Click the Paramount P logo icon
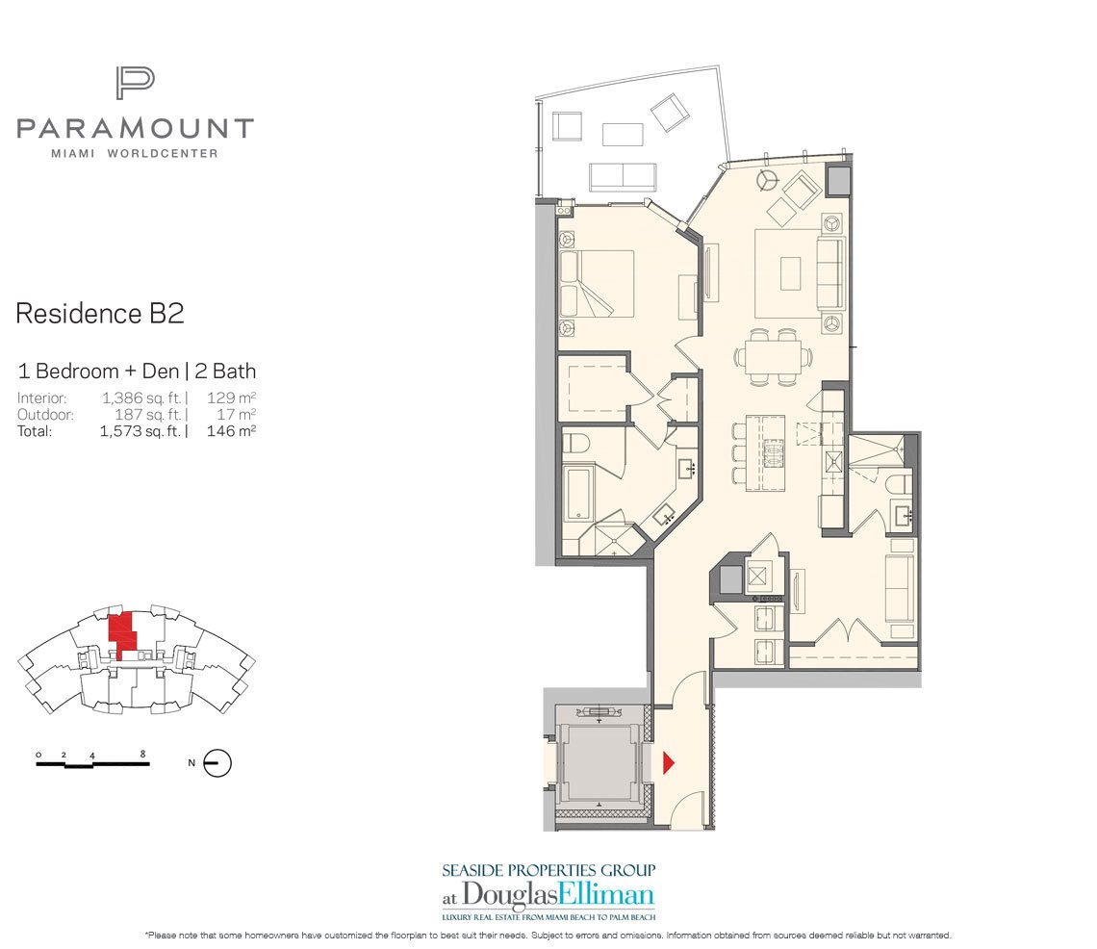click(135, 83)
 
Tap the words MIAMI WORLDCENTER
click(135, 153)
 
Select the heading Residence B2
click(99, 314)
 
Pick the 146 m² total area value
click(231, 432)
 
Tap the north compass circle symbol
click(219, 763)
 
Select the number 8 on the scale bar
click(142, 754)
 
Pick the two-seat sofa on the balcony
click(623, 176)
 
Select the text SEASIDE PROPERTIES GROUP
click(548, 869)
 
